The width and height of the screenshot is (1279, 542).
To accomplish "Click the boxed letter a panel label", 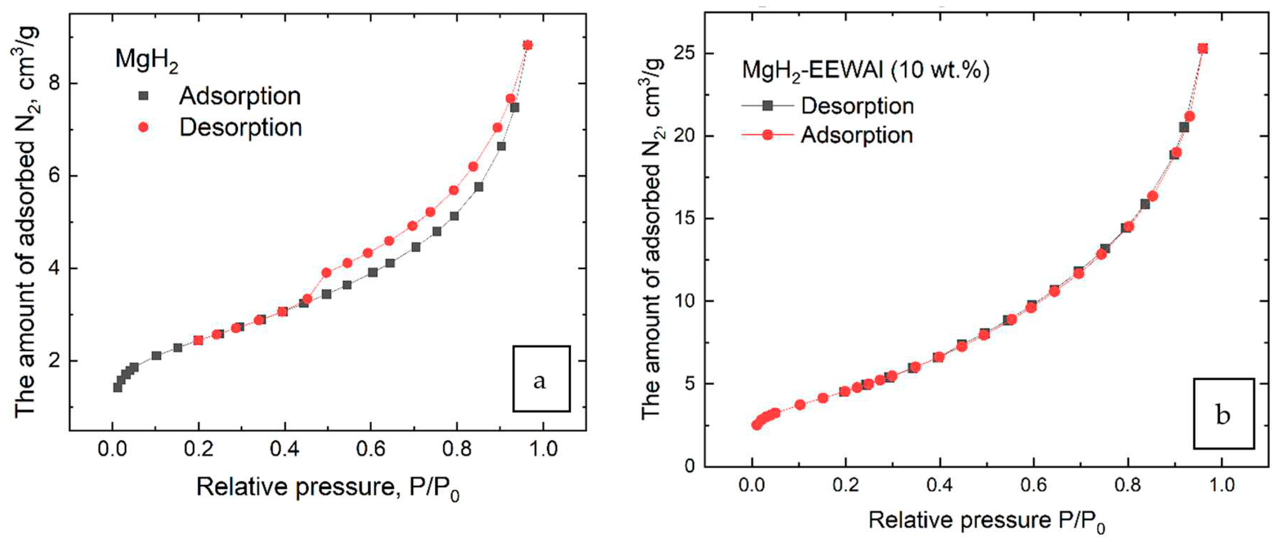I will pos(541,379).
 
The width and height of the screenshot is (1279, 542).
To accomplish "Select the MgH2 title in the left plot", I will pos(146,60).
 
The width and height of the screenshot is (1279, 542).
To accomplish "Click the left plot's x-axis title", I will pos(328,488).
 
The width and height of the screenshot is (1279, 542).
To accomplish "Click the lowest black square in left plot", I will pos(118,387).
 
